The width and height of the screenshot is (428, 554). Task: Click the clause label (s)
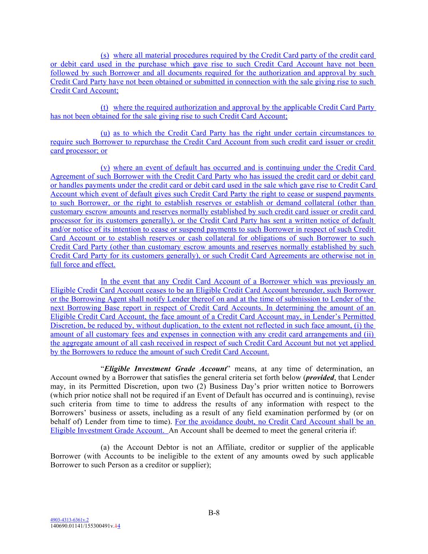(x=105, y=55)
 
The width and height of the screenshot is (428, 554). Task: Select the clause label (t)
(x=104, y=108)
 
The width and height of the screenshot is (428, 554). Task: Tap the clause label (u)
(x=105, y=133)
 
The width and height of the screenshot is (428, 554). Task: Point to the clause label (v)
(x=105, y=168)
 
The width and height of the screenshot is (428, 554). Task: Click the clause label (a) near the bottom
(x=105, y=447)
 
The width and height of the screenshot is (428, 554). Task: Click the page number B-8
(x=214, y=513)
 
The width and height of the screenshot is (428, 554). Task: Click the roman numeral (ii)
(x=370, y=334)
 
